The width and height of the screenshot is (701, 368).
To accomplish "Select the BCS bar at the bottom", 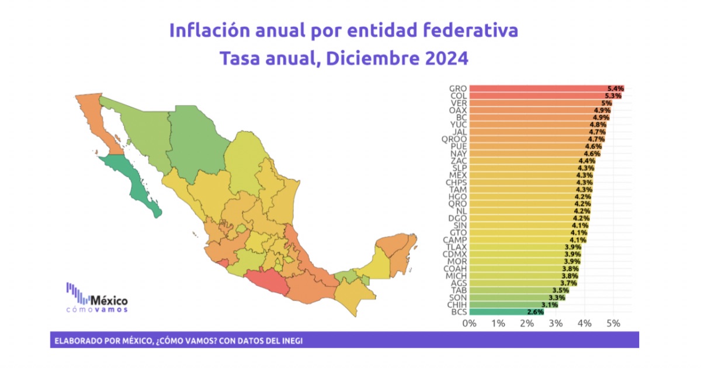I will [x=505, y=312].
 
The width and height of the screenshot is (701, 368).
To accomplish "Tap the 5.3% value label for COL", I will [x=613, y=96].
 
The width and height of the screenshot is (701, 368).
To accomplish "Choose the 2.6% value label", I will [x=535, y=312].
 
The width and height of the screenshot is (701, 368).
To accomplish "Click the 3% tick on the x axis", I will [x=556, y=323].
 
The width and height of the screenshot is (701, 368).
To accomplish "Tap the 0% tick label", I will [x=469, y=323].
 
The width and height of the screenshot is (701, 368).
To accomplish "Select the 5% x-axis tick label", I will [x=613, y=323].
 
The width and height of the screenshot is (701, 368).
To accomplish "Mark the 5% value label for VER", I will [x=606, y=103].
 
